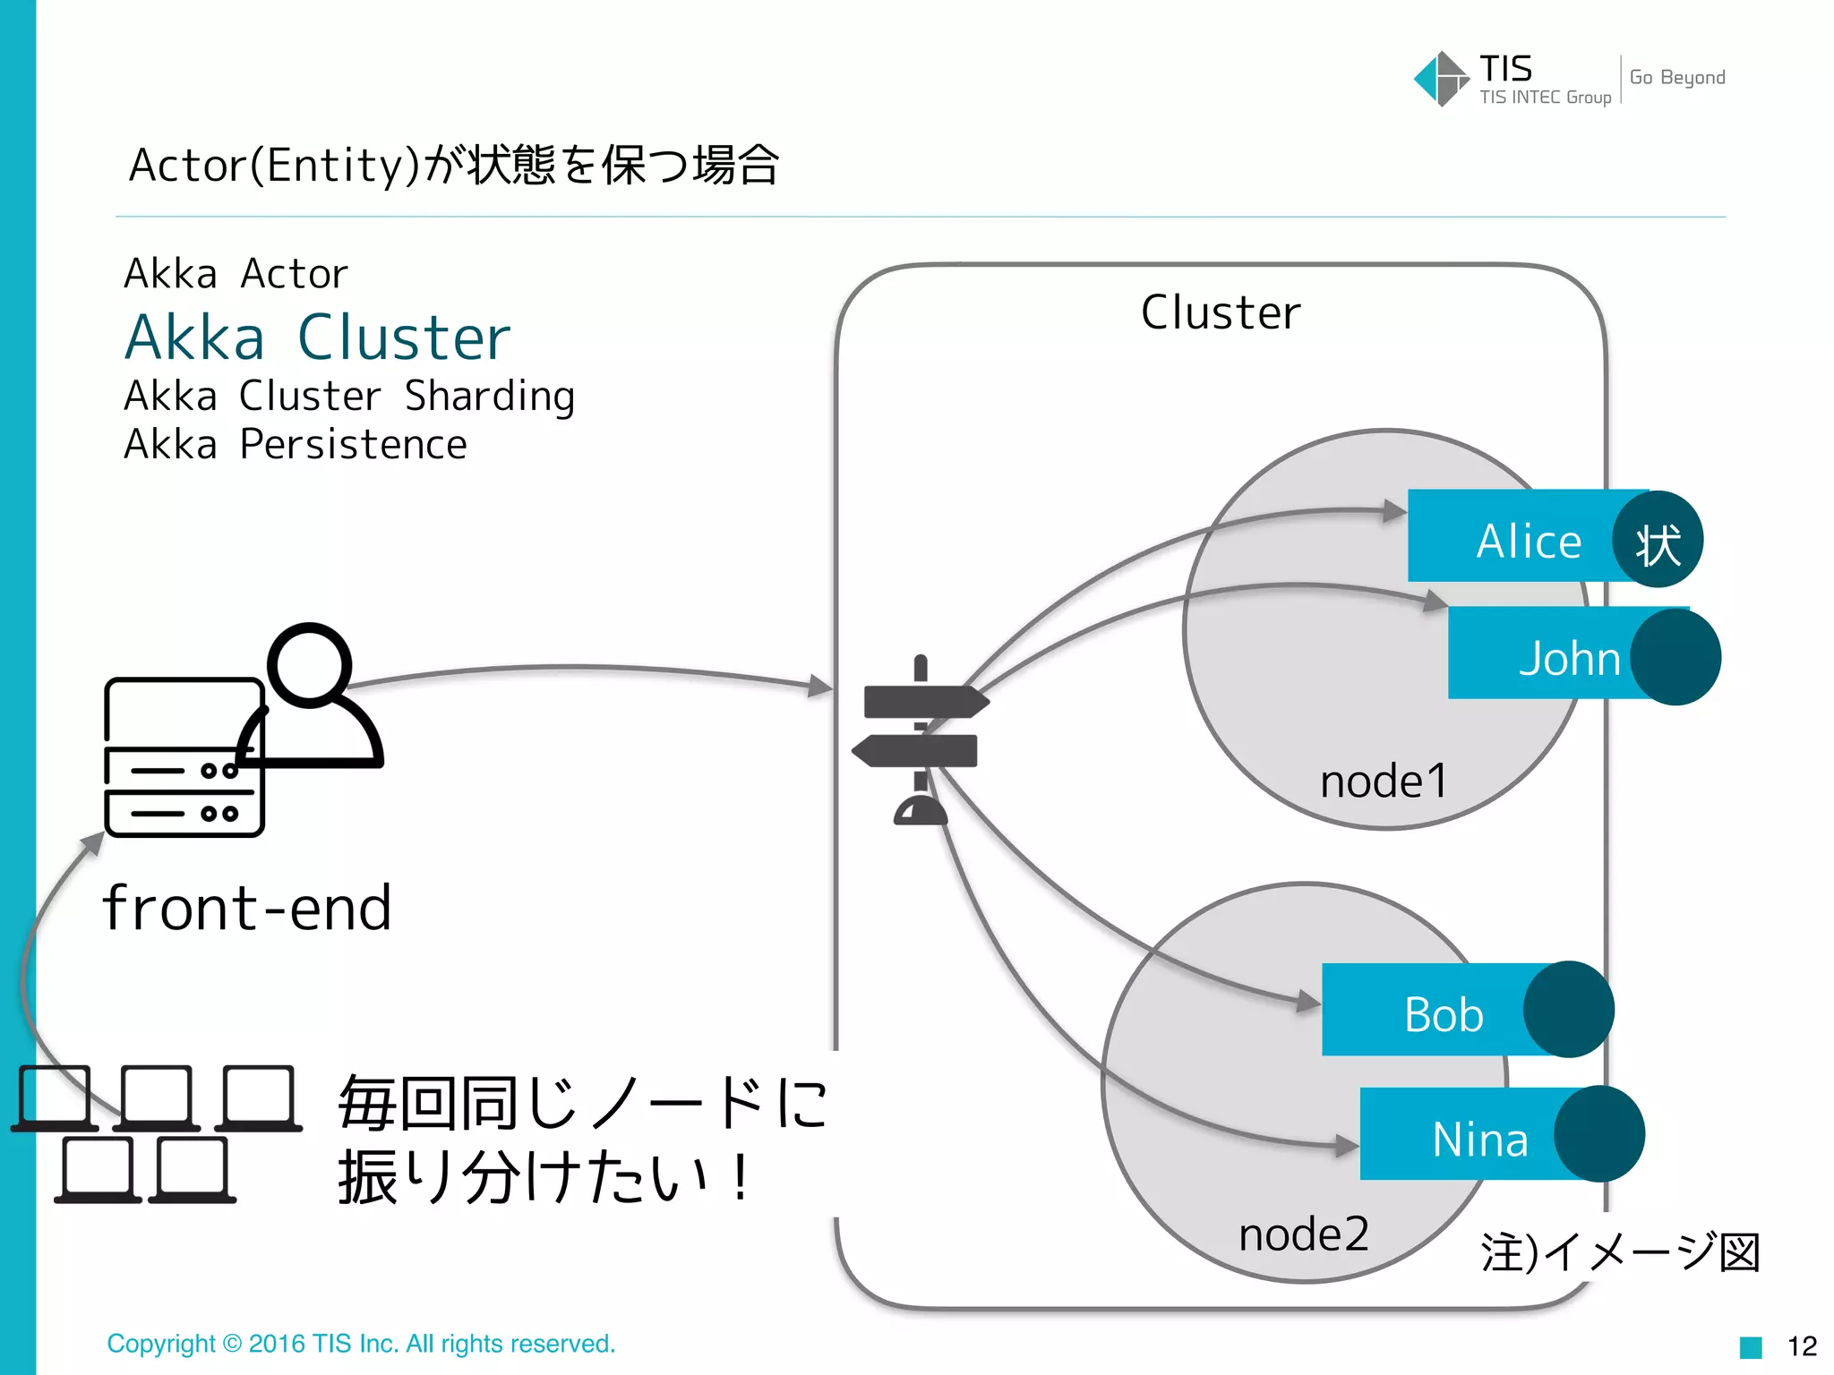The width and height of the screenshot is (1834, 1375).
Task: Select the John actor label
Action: pyautogui.click(x=1569, y=658)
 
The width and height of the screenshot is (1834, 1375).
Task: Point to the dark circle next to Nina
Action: pyautogui.click(x=1598, y=1133)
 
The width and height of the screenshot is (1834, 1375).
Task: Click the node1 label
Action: pyautogui.click(x=1383, y=781)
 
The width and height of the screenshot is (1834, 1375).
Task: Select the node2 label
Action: pyautogui.click(x=1303, y=1234)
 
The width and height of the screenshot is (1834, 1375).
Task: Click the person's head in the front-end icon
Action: pyautogui.click(x=310, y=665)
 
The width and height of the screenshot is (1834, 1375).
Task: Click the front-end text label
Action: pyautogui.click(x=247, y=908)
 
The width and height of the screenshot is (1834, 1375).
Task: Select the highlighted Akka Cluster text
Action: pyautogui.click(x=317, y=338)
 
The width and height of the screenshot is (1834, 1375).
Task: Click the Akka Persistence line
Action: pyautogui.click(x=296, y=444)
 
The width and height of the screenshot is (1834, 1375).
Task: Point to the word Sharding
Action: pyautogui.click(x=489, y=396)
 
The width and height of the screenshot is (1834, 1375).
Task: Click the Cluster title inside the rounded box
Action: pyautogui.click(x=1220, y=312)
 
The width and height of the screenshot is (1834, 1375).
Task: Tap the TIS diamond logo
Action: pyautogui.click(x=1440, y=79)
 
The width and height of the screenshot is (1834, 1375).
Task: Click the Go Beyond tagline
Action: pyautogui.click(x=1676, y=77)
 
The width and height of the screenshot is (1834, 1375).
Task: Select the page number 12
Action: pyautogui.click(x=1801, y=1345)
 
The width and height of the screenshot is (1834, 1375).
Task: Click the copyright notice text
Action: pyautogui.click(x=361, y=1343)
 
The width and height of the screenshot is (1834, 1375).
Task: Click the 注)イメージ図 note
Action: pyautogui.click(x=1619, y=1251)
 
